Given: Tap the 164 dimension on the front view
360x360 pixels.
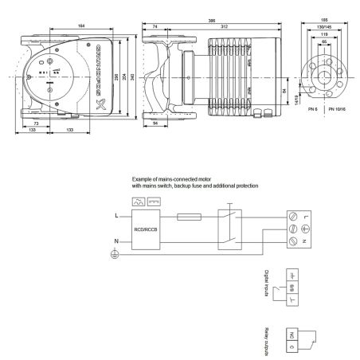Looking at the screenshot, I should click(x=81, y=29).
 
